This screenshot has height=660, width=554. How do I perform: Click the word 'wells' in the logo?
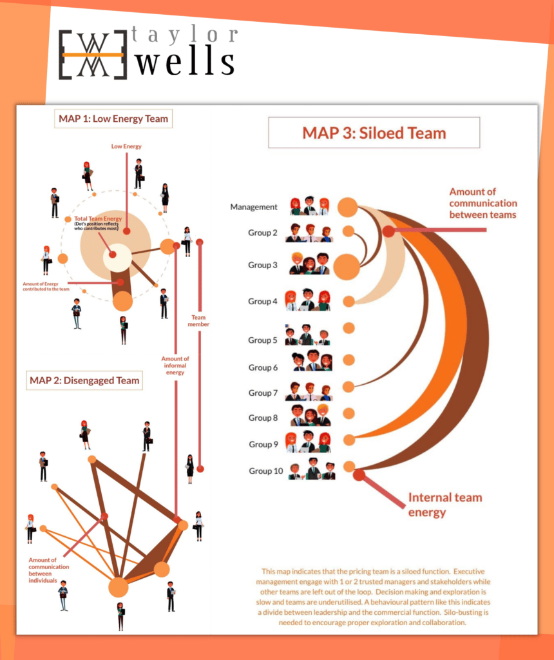point(187,62)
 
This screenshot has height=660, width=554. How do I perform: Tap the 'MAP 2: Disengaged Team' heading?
point(84,380)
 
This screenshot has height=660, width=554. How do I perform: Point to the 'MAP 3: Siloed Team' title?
point(374,133)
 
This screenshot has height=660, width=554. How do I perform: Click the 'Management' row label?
point(254,207)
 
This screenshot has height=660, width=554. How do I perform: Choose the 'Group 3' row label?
point(263,265)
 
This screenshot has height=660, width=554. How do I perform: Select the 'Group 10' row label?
point(265,471)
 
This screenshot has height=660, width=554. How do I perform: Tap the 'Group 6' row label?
point(263,367)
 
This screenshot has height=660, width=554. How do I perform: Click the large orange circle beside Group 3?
point(347,267)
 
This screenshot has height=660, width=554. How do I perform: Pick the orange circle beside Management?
point(347,207)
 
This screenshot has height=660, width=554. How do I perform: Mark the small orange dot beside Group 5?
point(349,328)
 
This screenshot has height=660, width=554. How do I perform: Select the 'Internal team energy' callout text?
point(444,505)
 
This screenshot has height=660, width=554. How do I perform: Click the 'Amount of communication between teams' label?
point(482,203)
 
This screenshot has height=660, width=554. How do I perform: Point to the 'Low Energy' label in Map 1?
point(126,146)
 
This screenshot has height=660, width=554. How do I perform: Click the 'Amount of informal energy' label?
point(175,365)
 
